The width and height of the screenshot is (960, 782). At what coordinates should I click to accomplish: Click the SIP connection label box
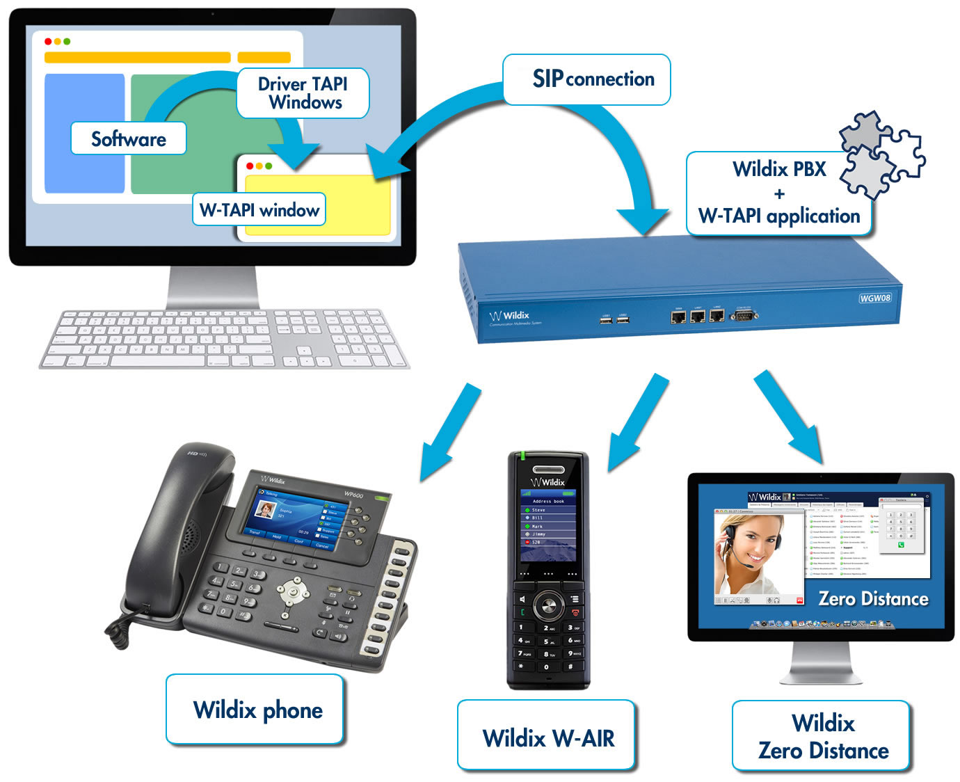(x=586, y=79)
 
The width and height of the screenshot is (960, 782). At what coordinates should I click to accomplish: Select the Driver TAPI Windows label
(x=303, y=93)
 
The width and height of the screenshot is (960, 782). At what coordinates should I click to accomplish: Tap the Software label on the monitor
(x=129, y=138)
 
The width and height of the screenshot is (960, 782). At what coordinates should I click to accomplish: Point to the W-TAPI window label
(x=259, y=209)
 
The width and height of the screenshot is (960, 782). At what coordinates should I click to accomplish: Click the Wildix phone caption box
(x=255, y=710)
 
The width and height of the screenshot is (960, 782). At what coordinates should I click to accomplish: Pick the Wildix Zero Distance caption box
(x=822, y=736)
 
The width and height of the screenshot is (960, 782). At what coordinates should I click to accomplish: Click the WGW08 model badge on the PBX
(x=874, y=298)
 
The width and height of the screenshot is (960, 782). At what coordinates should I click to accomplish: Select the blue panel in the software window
(x=84, y=132)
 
